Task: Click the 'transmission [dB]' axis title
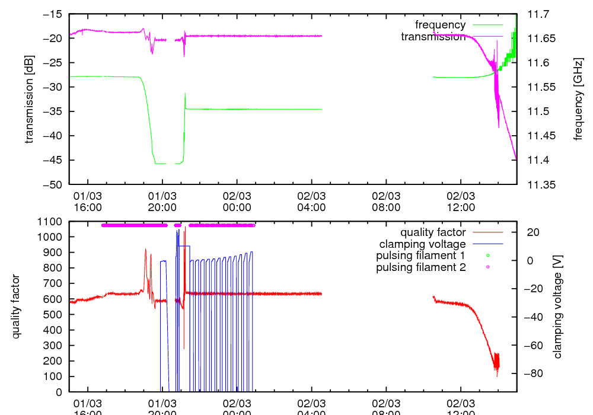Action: click(28, 99)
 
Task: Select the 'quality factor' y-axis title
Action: click(16, 307)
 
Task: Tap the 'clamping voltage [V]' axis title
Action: click(557, 307)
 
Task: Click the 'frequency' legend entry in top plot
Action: click(440, 25)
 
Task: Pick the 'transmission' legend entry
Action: click(433, 37)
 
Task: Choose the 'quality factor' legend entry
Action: click(433, 232)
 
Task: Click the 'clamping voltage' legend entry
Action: click(422, 244)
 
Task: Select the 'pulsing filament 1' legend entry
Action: click(421, 256)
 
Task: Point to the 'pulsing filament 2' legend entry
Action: click(421, 267)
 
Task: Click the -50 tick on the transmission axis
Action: click(53, 184)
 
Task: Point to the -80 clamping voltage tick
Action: click(532, 373)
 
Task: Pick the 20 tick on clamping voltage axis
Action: click(533, 232)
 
